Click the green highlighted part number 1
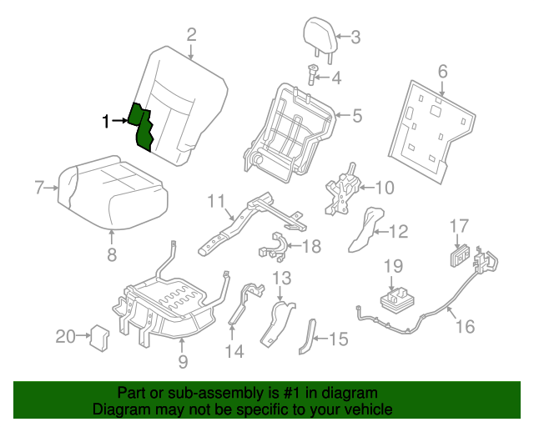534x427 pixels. tap(143, 127)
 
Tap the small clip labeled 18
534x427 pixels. tap(275, 248)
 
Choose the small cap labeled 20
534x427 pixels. tap(99, 335)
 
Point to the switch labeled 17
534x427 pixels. tap(460, 255)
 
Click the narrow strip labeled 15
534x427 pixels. tap(306, 337)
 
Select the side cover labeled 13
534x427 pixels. tap(277, 324)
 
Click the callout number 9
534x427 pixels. tap(183, 361)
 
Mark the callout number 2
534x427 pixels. tap(191, 34)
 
